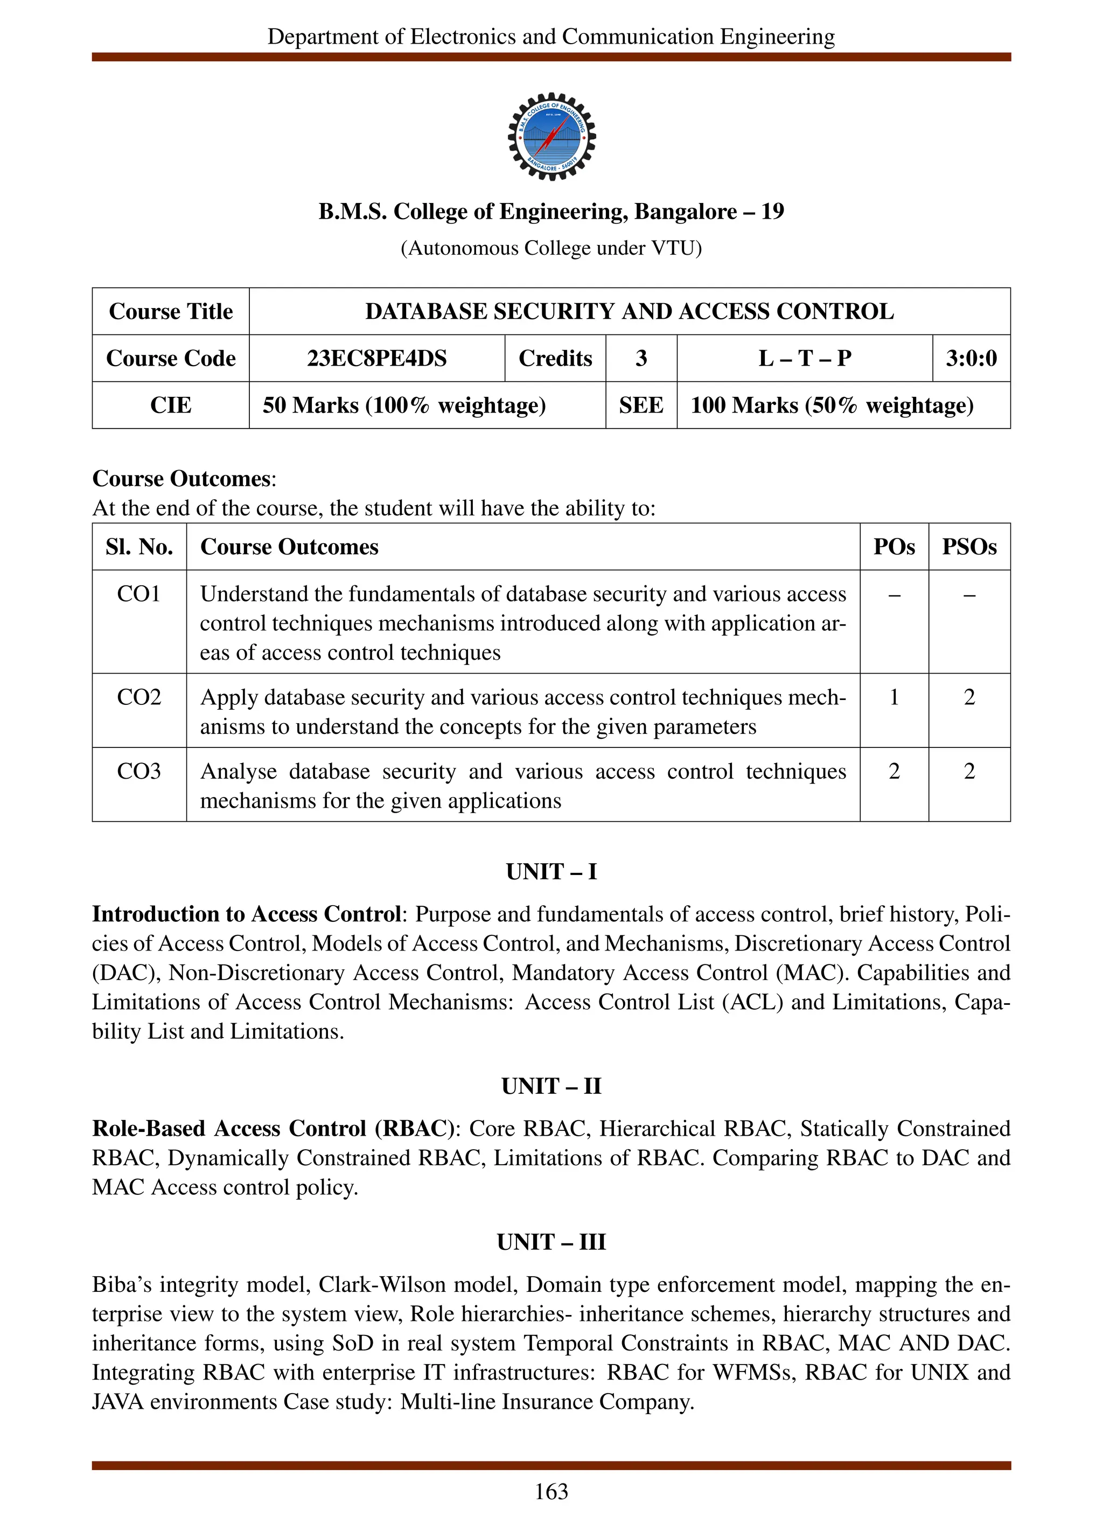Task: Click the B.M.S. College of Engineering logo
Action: tap(551, 136)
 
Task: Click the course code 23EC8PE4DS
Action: tap(376, 358)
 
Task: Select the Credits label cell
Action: tap(555, 358)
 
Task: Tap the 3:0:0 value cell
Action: tap(971, 358)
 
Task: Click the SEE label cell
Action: tap(640, 405)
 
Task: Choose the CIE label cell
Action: tap(170, 405)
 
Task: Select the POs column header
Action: tap(893, 547)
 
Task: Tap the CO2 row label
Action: tap(138, 697)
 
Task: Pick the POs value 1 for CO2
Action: tap(893, 697)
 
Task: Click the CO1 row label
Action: tap(138, 594)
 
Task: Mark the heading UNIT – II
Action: tap(551, 1086)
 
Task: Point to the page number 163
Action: tap(551, 1492)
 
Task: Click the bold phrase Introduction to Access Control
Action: tap(247, 914)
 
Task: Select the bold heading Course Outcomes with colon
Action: tap(184, 478)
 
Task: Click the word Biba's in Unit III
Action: tap(120, 1285)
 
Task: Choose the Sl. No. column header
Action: tap(138, 547)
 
